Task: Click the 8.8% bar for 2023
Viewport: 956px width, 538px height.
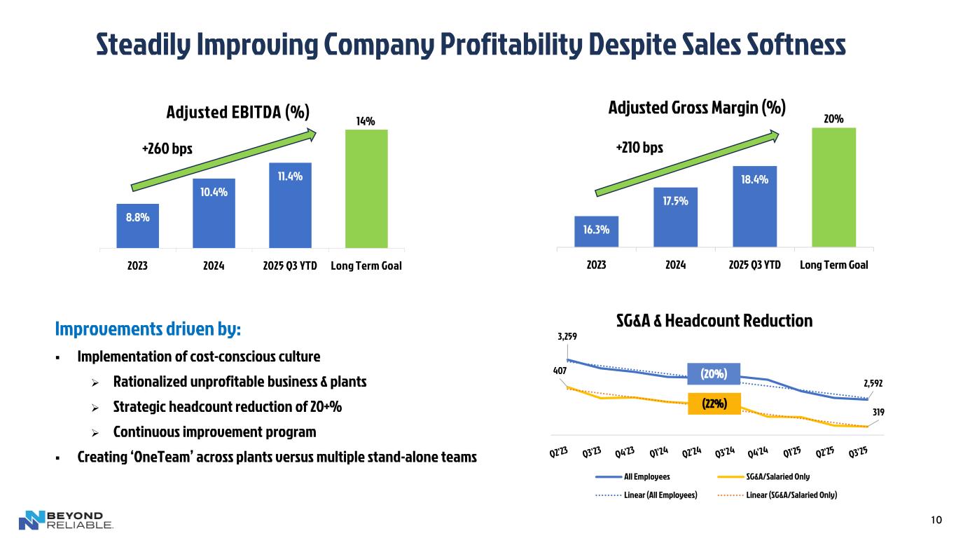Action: [x=138, y=226]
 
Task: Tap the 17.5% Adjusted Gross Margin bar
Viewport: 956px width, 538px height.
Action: [x=675, y=217]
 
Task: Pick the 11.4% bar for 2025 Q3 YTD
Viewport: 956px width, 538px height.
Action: [x=290, y=205]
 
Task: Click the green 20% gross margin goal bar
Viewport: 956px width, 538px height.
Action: [x=833, y=187]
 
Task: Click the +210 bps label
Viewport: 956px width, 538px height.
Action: [x=638, y=148]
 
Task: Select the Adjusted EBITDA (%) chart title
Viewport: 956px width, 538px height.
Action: [x=237, y=113]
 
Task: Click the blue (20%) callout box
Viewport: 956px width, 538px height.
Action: [x=714, y=375]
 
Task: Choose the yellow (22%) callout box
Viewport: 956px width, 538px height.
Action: [x=714, y=403]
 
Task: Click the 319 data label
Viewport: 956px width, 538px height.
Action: [x=878, y=413]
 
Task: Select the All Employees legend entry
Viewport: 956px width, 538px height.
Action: [x=632, y=477]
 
